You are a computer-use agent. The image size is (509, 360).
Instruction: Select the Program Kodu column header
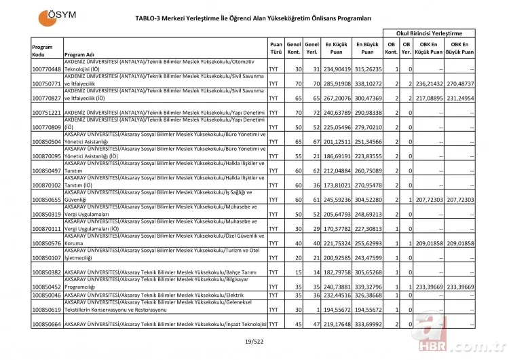point(42,50)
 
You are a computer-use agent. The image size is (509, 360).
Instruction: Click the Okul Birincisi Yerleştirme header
point(429,33)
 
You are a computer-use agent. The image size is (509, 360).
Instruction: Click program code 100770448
point(46,69)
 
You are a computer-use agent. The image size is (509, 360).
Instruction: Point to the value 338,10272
point(367,84)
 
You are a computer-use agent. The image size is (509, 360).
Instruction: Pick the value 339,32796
point(367,287)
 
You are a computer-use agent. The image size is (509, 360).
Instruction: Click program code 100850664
point(46,325)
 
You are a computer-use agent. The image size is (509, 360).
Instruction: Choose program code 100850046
point(46,295)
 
